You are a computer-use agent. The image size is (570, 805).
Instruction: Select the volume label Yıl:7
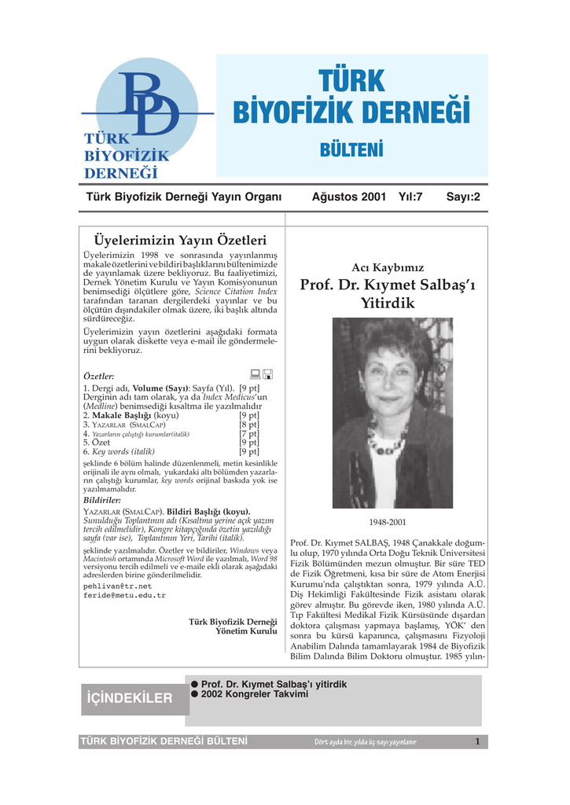(x=410, y=197)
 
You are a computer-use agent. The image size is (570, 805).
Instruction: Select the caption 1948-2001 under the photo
(x=388, y=522)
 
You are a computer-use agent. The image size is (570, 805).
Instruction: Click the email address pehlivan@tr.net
(x=118, y=586)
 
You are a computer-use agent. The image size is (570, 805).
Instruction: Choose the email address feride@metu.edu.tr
(x=124, y=596)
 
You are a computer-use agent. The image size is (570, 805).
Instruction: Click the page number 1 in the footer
(x=476, y=741)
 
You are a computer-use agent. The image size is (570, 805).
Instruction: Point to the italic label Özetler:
(x=99, y=376)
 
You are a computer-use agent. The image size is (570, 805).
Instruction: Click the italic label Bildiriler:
(x=102, y=499)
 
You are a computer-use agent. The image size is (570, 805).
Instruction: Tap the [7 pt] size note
(x=249, y=433)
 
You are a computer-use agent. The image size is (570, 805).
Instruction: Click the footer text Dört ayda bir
(x=333, y=742)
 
